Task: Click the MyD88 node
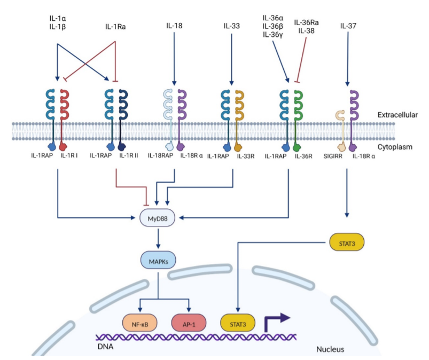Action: click(x=157, y=218)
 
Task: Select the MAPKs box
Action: click(x=158, y=260)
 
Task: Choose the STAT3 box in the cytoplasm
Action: click(x=347, y=242)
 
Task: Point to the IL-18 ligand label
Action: click(x=174, y=26)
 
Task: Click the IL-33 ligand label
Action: click(x=232, y=26)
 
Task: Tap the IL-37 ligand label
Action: click(x=348, y=26)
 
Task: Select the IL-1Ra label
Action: click(x=115, y=27)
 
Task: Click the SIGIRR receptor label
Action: click(x=333, y=156)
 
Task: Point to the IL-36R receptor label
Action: click(x=303, y=156)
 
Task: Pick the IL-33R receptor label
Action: click(x=246, y=156)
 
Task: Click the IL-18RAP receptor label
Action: click(x=161, y=155)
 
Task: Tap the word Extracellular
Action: click(x=397, y=115)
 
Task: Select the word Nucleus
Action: click(x=330, y=349)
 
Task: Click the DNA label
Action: click(x=105, y=347)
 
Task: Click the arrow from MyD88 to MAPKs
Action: click(x=158, y=239)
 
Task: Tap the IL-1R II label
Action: click(x=129, y=155)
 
